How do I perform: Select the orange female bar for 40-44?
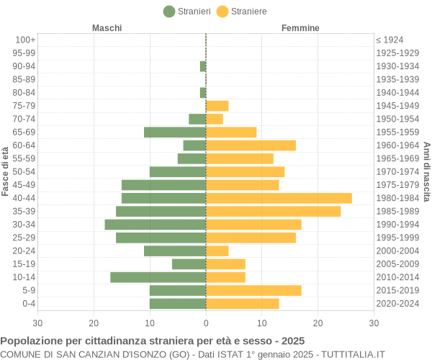pos(279,198)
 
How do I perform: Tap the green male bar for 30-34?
pos(156,225)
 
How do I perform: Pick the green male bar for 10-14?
pos(158,277)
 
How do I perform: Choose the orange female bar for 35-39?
pos(273,211)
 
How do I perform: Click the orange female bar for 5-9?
pos(253,290)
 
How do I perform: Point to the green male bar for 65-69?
pos(175,132)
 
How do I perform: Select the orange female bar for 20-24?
pos(217,251)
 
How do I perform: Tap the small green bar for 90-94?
pos(203,66)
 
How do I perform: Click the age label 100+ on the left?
pos(25,40)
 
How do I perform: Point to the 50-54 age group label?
pos(24,171)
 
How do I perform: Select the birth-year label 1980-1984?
pos(397,198)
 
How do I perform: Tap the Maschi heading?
pos(107,28)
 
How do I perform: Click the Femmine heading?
pos(300,28)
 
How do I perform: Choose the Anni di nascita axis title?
pos(426,171)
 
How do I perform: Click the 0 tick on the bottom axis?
pos(206,323)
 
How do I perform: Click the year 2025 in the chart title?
pos(292,341)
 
